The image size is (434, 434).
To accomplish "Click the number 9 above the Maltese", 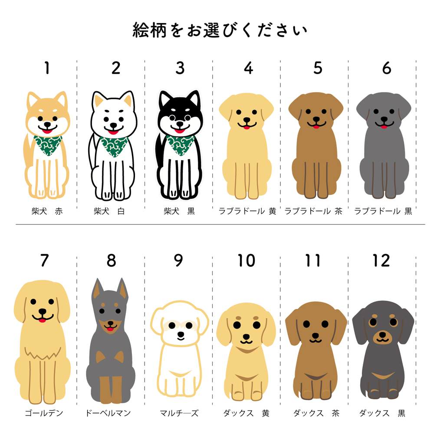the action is point(178,260).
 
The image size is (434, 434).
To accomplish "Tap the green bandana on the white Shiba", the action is point(114,146).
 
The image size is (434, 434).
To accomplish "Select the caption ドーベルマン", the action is point(108,413).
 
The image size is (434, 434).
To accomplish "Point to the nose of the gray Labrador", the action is point(384,119).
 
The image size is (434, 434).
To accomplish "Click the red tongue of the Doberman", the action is point(110,329).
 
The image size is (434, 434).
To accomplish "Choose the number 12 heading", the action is point(381,260).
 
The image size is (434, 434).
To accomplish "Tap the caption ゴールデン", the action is point(44,413).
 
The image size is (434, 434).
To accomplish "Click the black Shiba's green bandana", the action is point(181,145).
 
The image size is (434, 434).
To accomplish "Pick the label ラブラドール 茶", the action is point(313,211).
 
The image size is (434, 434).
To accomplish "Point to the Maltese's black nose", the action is point(181,334).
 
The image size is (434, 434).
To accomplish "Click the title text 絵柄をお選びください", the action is point(220,30).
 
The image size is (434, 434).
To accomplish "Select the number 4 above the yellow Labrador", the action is point(249,68).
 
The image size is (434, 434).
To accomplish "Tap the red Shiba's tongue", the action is point(47,131).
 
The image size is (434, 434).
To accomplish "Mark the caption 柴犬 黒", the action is point(179,211).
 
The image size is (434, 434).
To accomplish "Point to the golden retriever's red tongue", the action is point(42,320).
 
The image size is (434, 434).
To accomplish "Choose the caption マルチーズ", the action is point(179,413).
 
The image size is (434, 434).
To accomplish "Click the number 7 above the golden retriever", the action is point(44,260).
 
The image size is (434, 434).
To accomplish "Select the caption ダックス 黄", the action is point(246,413).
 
